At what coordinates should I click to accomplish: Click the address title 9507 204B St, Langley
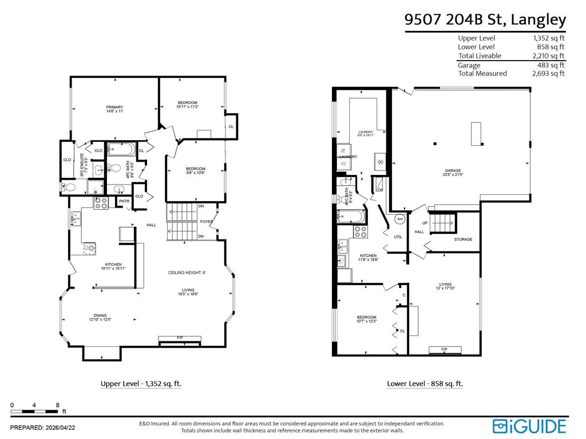[x=485, y=20]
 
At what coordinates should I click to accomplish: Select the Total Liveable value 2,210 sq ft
[x=548, y=55]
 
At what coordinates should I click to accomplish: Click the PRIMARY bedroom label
[x=114, y=107]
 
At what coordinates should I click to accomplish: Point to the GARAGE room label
[x=453, y=170]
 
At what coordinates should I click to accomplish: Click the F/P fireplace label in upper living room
[x=180, y=338]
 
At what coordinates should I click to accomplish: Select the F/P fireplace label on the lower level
[x=444, y=349]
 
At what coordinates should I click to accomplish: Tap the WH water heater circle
[x=400, y=219]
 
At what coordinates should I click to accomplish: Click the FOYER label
[x=207, y=222]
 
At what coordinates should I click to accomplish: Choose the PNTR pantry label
[x=124, y=201]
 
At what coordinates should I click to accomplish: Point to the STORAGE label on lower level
[x=464, y=239]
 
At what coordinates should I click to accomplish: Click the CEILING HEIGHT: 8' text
[x=187, y=273]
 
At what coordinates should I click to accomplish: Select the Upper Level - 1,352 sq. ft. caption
[x=141, y=384]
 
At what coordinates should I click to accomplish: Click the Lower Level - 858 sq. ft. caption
[x=425, y=384]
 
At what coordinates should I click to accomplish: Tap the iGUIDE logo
[x=529, y=426]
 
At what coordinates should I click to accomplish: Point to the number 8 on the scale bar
[x=58, y=405]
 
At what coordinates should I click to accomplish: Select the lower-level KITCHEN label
[x=368, y=256]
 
